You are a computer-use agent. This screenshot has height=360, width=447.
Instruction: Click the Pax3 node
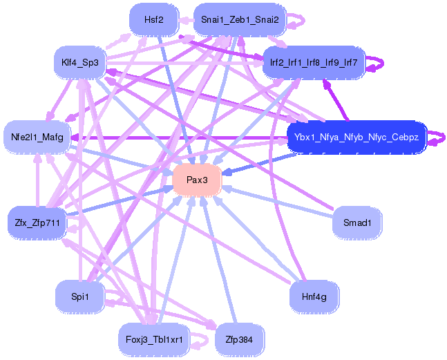point(197,180)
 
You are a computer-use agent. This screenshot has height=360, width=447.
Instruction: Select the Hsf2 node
point(153,19)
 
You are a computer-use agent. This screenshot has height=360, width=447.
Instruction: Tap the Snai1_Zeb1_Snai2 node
point(239,19)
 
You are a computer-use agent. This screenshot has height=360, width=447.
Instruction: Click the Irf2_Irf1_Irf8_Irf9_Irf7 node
point(311,63)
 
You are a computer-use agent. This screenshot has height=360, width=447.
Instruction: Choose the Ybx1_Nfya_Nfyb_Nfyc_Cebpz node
point(356,137)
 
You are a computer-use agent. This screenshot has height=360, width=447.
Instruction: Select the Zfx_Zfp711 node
point(37,222)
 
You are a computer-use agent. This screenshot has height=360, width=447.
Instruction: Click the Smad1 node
point(356,222)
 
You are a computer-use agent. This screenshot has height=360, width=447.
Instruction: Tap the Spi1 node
point(79,296)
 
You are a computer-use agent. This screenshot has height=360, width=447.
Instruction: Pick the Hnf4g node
point(314,296)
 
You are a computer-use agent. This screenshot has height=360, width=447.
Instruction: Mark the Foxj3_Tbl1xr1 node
point(153,339)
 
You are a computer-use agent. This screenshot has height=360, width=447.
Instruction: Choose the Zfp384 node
point(239,339)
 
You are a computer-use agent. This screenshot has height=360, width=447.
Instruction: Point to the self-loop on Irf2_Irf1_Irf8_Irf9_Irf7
point(377,63)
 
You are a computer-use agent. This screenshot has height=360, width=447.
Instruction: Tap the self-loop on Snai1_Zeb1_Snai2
point(296,20)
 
